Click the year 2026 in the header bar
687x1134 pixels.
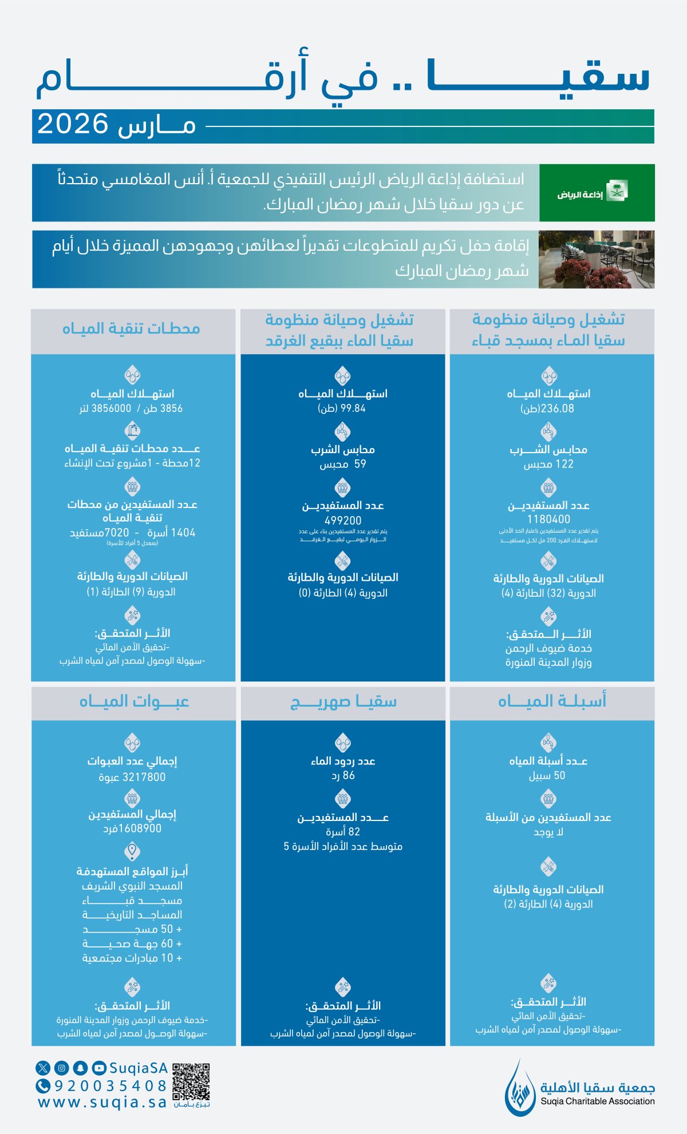(73, 124)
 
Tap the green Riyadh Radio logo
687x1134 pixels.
(597, 193)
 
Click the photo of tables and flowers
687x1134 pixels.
(597, 259)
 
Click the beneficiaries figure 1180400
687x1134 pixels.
(548, 520)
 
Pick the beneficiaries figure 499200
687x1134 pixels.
(342, 520)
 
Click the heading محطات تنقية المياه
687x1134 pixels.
(132, 328)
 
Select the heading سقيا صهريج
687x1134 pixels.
(343, 701)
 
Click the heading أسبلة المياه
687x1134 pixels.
(552, 701)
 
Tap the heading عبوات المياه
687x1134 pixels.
(134, 701)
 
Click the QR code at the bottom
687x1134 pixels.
(191, 1081)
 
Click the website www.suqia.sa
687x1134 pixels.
(102, 1102)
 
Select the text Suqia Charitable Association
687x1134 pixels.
(597, 1101)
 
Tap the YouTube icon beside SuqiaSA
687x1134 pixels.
(99, 1068)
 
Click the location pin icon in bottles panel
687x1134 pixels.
(132, 851)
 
